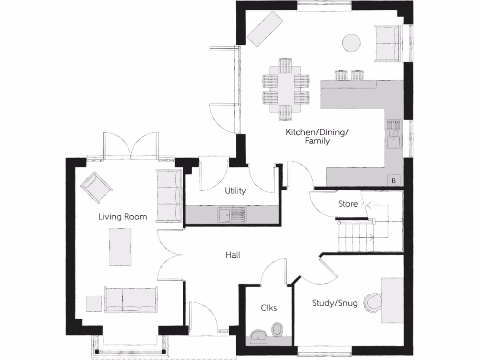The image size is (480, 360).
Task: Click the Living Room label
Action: pyautogui.click(x=122, y=217)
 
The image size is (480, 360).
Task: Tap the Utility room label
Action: pyautogui.click(x=235, y=191)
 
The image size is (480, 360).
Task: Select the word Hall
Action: pyautogui.click(x=233, y=255)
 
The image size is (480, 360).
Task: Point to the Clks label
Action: pyautogui.click(x=269, y=308)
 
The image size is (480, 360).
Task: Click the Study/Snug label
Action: pyautogui.click(x=335, y=303)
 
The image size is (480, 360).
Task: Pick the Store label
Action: pyautogui.click(x=348, y=204)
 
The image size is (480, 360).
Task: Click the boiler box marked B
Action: pyautogui.click(x=393, y=180)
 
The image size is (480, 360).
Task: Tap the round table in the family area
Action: pyautogui.click(x=352, y=43)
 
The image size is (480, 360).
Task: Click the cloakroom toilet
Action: pyautogui.click(x=277, y=329)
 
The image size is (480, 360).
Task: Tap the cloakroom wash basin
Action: pyautogui.click(x=258, y=336)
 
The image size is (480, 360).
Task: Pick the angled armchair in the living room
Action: pyautogui.click(x=96, y=187)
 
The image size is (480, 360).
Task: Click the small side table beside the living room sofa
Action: pyautogui.click(x=94, y=303)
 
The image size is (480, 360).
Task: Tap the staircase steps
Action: pyautogui.click(x=355, y=237)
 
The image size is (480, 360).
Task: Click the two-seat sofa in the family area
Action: pyautogui.click(x=388, y=43)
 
